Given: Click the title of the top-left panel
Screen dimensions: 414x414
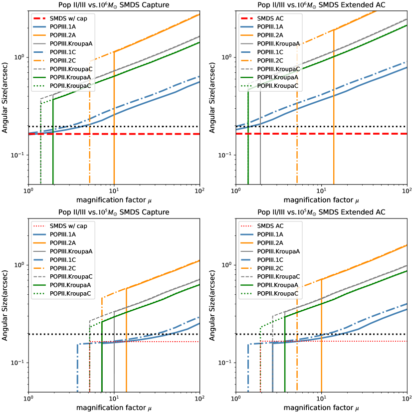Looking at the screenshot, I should (114, 5).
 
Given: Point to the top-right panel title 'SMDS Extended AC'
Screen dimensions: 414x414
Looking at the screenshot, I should (322, 5).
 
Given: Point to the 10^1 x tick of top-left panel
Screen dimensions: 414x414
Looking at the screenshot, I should (114, 191).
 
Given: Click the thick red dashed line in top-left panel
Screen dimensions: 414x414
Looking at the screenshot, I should (150, 134).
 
